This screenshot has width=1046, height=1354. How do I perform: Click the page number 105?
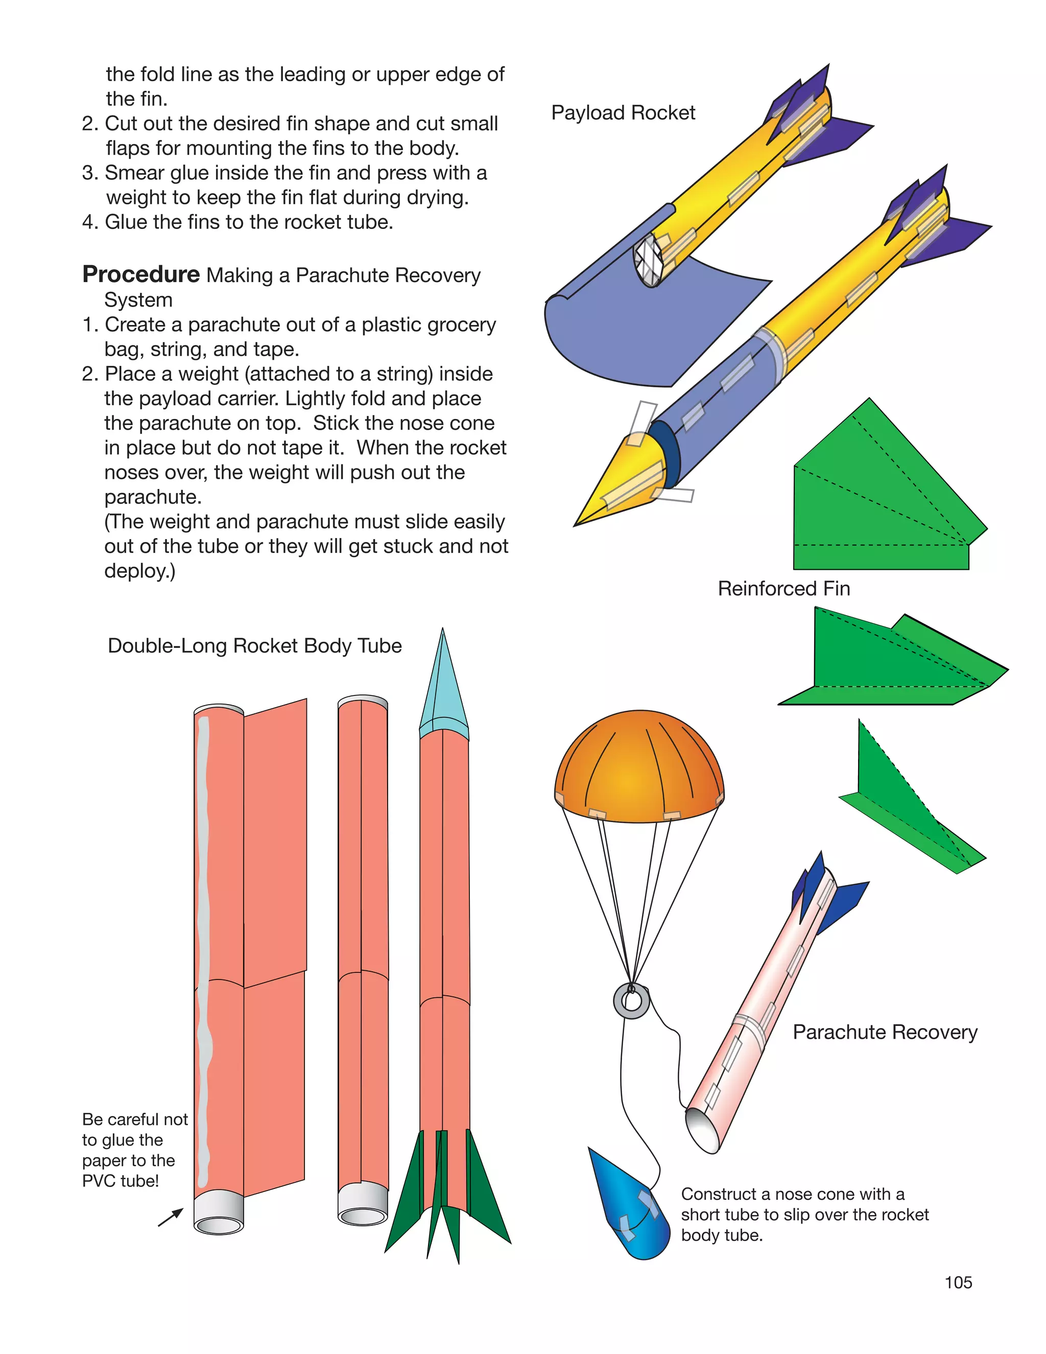958,1282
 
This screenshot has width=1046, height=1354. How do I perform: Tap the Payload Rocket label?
623,113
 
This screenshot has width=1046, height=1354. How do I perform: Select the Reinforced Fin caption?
783,588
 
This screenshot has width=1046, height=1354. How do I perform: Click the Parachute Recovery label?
885,1032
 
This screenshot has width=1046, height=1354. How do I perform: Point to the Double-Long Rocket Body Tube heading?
255,646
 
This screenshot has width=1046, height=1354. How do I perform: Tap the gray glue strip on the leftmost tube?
203,930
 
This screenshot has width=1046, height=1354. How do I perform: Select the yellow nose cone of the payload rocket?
620,483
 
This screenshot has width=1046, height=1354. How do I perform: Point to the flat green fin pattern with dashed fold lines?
880,496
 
